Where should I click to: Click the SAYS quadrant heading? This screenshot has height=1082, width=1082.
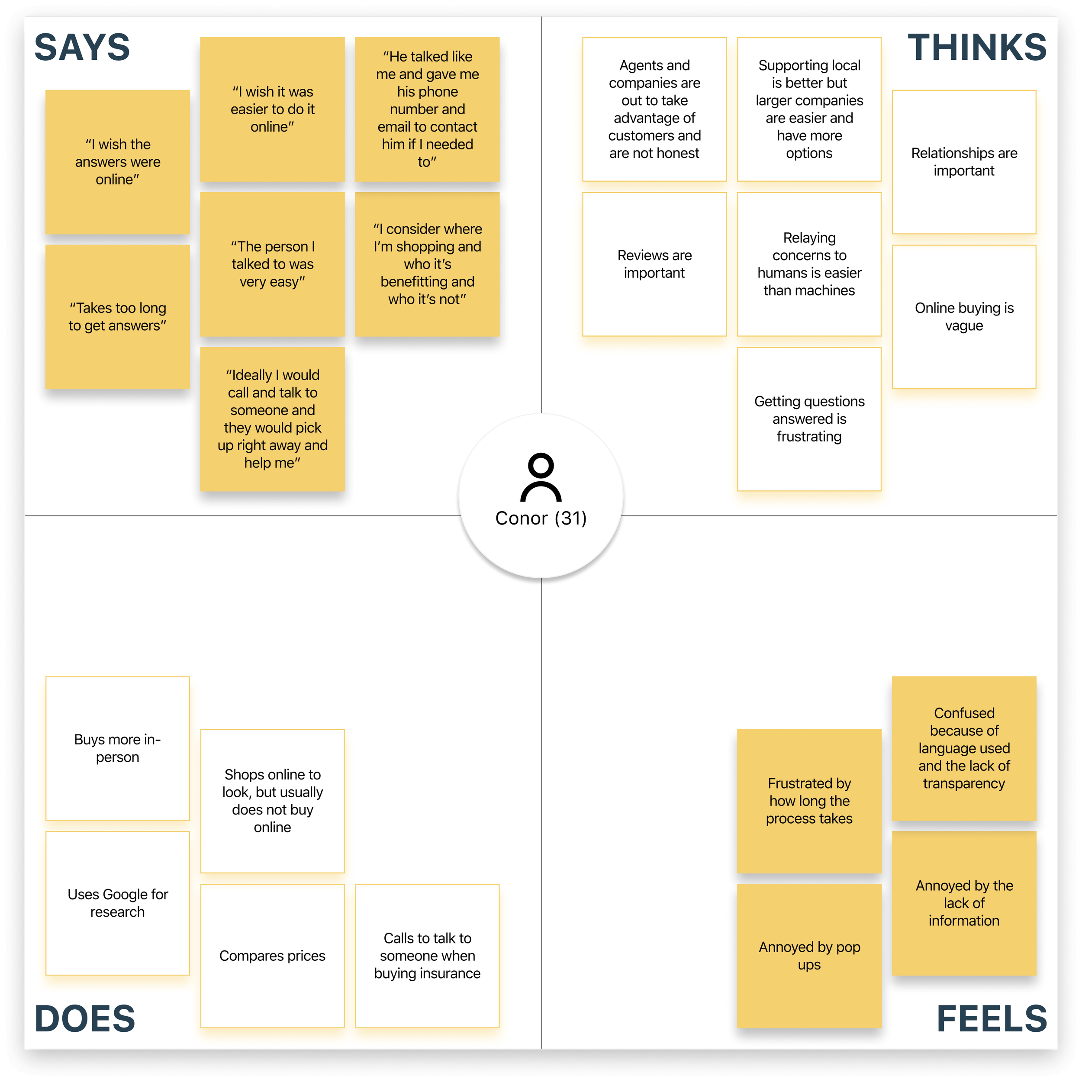pos(82,47)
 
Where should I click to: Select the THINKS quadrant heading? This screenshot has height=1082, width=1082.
pos(977,47)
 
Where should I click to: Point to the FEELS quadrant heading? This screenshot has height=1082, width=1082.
pos(991,1018)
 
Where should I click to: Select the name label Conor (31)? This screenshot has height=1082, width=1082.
pos(541,518)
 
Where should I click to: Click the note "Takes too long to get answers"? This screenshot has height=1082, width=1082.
pos(118,317)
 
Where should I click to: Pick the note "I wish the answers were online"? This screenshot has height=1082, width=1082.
pos(118,162)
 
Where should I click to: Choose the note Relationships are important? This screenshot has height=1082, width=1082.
pos(964,162)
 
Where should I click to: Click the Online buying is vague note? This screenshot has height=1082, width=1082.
pos(964,317)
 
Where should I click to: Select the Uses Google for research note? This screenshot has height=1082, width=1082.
pos(118,903)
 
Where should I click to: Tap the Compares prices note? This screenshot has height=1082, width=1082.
pos(272,956)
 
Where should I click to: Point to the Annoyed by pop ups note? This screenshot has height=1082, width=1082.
pos(809,956)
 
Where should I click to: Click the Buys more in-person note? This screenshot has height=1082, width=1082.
pos(118,748)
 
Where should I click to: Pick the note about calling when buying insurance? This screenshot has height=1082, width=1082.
pos(427,956)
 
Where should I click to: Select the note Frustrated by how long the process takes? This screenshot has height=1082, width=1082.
pos(809,801)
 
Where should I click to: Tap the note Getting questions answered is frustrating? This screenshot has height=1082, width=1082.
pos(809,419)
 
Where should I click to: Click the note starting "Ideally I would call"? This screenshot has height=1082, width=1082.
pos(272,419)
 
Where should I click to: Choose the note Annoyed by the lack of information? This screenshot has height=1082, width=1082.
pos(964,903)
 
